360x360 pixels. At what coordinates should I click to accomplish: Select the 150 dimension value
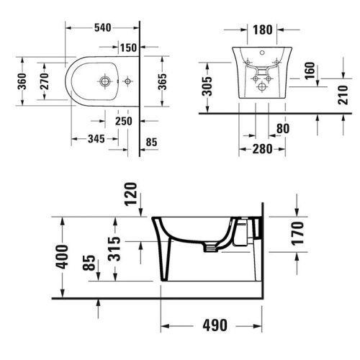pos(127,48)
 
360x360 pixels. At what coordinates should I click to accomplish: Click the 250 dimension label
pos(123,122)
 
